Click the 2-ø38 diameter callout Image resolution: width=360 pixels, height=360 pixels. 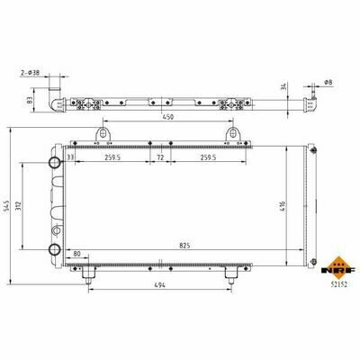click(31, 73)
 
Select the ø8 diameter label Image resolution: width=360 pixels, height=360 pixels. click(328, 82)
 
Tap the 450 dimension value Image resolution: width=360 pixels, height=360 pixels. click(168, 117)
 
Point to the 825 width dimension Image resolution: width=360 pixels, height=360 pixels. click(184, 246)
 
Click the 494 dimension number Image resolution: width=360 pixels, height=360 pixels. click(159, 285)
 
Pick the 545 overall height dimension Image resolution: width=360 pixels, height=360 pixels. click(6, 207)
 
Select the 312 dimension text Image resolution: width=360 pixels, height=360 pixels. click(18, 205)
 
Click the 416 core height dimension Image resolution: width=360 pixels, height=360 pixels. click(283, 206)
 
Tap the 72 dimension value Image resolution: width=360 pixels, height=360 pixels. click(160, 157)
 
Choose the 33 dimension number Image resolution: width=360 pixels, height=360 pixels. click(70, 157)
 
